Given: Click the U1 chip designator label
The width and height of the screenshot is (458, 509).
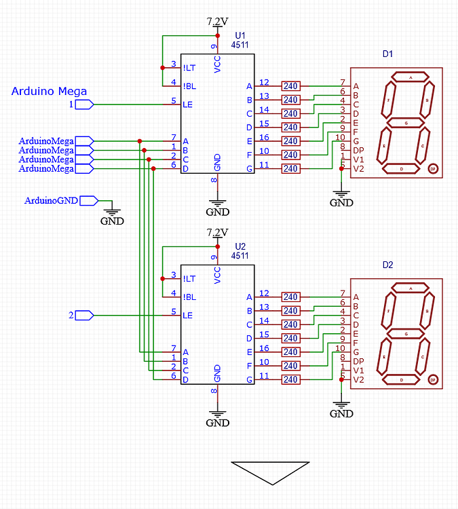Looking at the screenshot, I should (241, 35).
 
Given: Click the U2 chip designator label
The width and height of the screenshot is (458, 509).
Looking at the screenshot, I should (241, 246).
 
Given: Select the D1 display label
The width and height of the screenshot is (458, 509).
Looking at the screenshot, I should (387, 54).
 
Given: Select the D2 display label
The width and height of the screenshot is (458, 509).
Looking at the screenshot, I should (387, 265).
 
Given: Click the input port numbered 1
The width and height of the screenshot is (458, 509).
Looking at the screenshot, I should (83, 105).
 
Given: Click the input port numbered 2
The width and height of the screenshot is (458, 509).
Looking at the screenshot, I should (83, 316).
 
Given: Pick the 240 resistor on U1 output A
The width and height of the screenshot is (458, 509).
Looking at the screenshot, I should (291, 86).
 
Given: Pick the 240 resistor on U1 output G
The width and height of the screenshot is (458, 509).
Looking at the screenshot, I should (291, 168).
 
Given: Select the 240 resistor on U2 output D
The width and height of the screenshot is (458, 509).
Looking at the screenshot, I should (291, 338).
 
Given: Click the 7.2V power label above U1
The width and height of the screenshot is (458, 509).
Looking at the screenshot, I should (217, 22).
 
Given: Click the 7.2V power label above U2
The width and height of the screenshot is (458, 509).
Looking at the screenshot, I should (217, 233).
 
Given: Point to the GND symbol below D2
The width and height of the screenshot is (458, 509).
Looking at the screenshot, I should (341, 409).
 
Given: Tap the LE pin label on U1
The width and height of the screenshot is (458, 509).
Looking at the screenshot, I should (188, 104).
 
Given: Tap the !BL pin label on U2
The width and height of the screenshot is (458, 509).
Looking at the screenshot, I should (189, 297).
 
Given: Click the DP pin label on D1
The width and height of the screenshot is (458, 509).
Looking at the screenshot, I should (358, 151).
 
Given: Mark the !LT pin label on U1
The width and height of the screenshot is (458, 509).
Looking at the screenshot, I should (189, 67).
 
